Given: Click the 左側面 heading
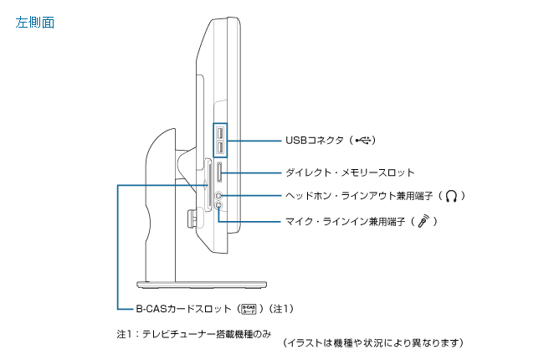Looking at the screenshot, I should [x=35, y=23].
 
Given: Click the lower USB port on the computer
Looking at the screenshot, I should [x=219, y=148].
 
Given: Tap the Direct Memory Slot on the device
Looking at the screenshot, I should [x=219, y=173].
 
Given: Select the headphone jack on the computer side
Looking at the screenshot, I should [x=219, y=194].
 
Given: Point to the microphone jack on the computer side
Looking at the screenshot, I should [x=219, y=205].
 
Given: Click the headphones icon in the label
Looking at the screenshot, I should [x=452, y=196].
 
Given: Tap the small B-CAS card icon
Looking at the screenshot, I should [x=249, y=308].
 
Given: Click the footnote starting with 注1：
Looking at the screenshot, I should [x=194, y=332].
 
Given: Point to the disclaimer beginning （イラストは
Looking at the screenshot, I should [x=373, y=343].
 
